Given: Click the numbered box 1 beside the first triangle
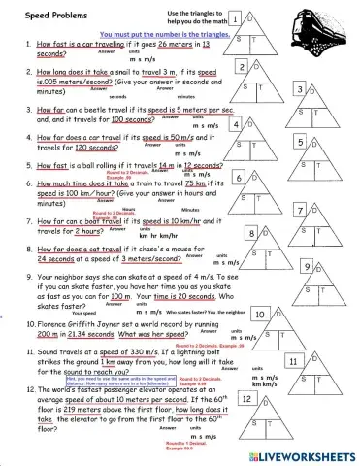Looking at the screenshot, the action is click(235, 19).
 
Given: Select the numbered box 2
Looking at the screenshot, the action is click(242, 66).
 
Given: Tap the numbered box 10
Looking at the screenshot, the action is click(261, 315).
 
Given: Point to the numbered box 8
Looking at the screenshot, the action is click(252, 234).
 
